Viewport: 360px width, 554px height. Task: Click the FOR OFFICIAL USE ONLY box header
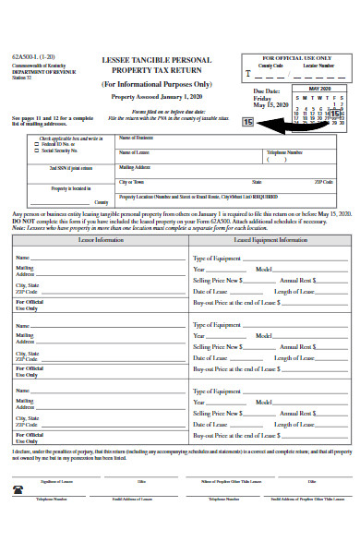(297, 57)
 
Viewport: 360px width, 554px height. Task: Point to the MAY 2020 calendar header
(318, 89)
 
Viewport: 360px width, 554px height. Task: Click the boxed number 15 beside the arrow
(246, 121)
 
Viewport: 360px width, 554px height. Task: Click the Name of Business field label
(136, 138)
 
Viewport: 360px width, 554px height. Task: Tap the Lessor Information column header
(102, 240)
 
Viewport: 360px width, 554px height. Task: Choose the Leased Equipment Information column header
(270, 240)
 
